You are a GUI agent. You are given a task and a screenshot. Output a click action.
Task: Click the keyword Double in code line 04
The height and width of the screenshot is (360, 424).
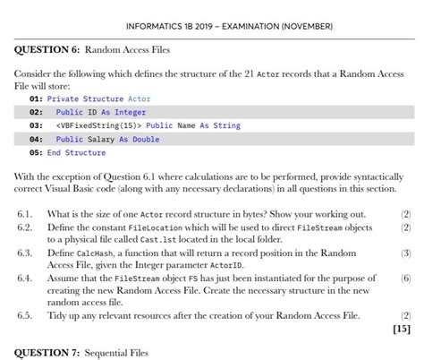[145, 139]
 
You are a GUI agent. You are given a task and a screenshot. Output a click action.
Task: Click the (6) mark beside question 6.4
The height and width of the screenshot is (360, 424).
[405, 279]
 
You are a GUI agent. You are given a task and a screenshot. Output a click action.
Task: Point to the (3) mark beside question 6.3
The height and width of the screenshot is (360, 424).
[405, 253]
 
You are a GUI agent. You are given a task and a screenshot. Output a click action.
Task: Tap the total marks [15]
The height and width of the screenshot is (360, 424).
[402, 329]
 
